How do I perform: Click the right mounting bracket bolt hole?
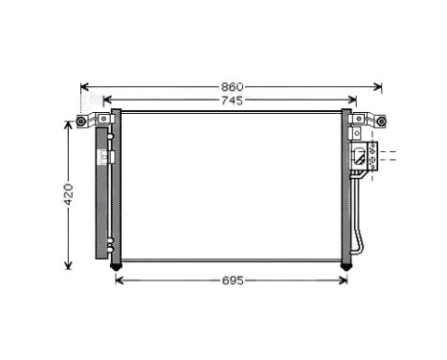point(382,122)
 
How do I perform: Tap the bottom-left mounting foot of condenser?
point(116,264)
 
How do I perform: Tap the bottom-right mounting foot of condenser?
point(346,264)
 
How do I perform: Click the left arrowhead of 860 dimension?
point(83,87)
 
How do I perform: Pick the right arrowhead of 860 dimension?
point(381,87)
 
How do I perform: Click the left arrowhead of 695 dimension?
point(119,280)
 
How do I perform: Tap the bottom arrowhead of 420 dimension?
point(68,265)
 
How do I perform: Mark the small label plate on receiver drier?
point(111,156)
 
